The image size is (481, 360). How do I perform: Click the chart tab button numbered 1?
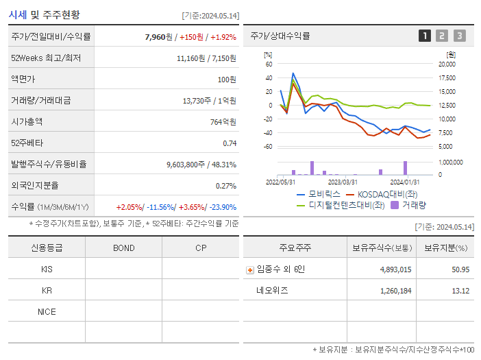(x=425, y=36)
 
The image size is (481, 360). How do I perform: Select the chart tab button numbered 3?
(x=459, y=36)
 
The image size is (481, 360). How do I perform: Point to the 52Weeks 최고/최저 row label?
(x=45, y=58)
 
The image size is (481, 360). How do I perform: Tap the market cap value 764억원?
(x=224, y=122)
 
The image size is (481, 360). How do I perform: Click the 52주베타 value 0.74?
(x=230, y=143)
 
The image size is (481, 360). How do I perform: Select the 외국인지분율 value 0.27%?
(x=226, y=186)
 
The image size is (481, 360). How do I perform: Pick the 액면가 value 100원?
(x=227, y=80)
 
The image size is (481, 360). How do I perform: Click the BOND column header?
(x=123, y=248)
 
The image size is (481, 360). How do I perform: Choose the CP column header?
(x=200, y=248)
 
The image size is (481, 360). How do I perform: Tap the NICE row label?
(x=47, y=311)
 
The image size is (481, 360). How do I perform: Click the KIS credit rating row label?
(x=47, y=269)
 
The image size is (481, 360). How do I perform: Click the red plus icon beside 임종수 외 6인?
(x=249, y=270)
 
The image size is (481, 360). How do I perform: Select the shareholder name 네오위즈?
(x=272, y=290)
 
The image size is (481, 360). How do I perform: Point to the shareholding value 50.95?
(x=460, y=269)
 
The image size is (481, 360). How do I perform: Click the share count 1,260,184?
(x=395, y=290)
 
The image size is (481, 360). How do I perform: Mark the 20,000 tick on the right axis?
(x=446, y=64)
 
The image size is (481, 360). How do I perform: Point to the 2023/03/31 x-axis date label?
(x=343, y=182)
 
